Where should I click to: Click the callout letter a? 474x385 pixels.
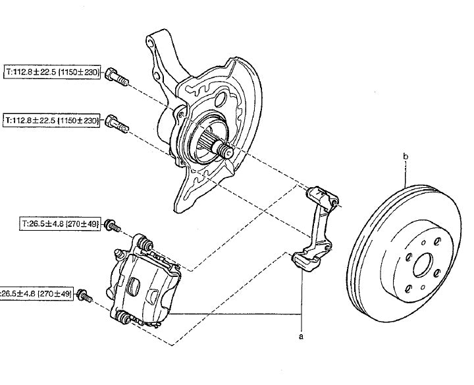tap(302, 336)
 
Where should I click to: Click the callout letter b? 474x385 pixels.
tap(406, 156)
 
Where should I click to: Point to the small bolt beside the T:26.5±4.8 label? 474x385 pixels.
tap(113, 227)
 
